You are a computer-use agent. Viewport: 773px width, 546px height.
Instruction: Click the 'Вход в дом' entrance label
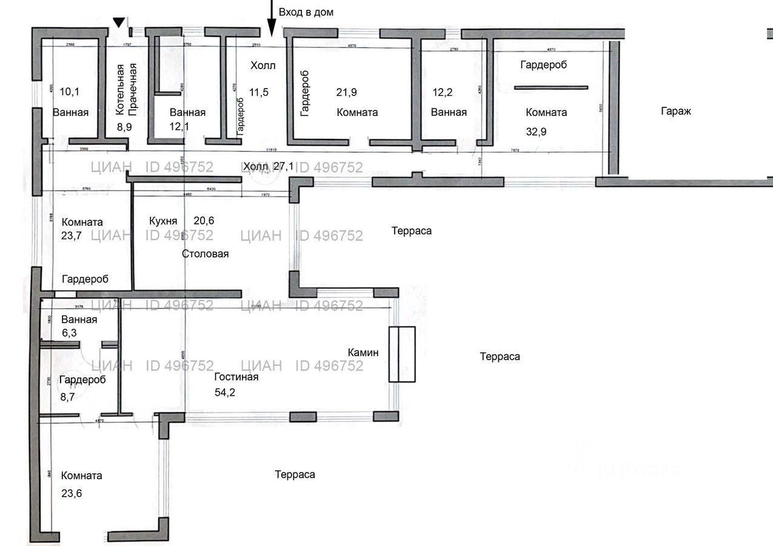[x=306, y=12]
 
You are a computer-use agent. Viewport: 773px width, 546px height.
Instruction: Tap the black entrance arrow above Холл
[x=271, y=18]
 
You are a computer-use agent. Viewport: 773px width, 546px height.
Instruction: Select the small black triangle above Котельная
[x=119, y=22]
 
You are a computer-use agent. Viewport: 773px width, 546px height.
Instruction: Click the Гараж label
[x=676, y=111]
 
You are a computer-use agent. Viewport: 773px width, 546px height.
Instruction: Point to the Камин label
[x=363, y=352]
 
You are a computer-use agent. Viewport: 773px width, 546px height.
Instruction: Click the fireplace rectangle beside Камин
[x=402, y=354]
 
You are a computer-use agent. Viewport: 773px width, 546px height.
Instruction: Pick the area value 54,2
[x=226, y=393]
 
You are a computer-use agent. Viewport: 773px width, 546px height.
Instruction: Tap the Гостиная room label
[x=236, y=377]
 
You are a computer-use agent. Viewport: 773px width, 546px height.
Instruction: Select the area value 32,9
[x=536, y=131]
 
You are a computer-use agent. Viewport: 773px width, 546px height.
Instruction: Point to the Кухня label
[x=163, y=221]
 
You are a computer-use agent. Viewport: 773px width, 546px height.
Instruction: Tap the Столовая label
[x=205, y=254]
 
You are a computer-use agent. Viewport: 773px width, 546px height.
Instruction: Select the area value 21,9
[x=346, y=92]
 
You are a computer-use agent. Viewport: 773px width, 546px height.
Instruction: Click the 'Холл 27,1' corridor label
[x=269, y=166]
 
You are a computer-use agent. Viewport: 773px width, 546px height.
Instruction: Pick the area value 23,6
[x=72, y=493]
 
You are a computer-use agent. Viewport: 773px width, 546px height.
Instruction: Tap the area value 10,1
[x=70, y=92]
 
